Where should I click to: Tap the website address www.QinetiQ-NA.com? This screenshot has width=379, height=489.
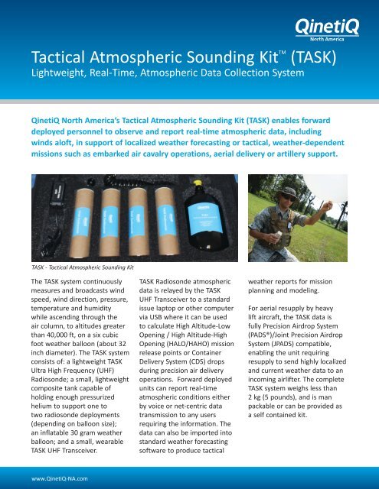(x=58, y=478)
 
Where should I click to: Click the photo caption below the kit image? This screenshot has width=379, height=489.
(x=77, y=268)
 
